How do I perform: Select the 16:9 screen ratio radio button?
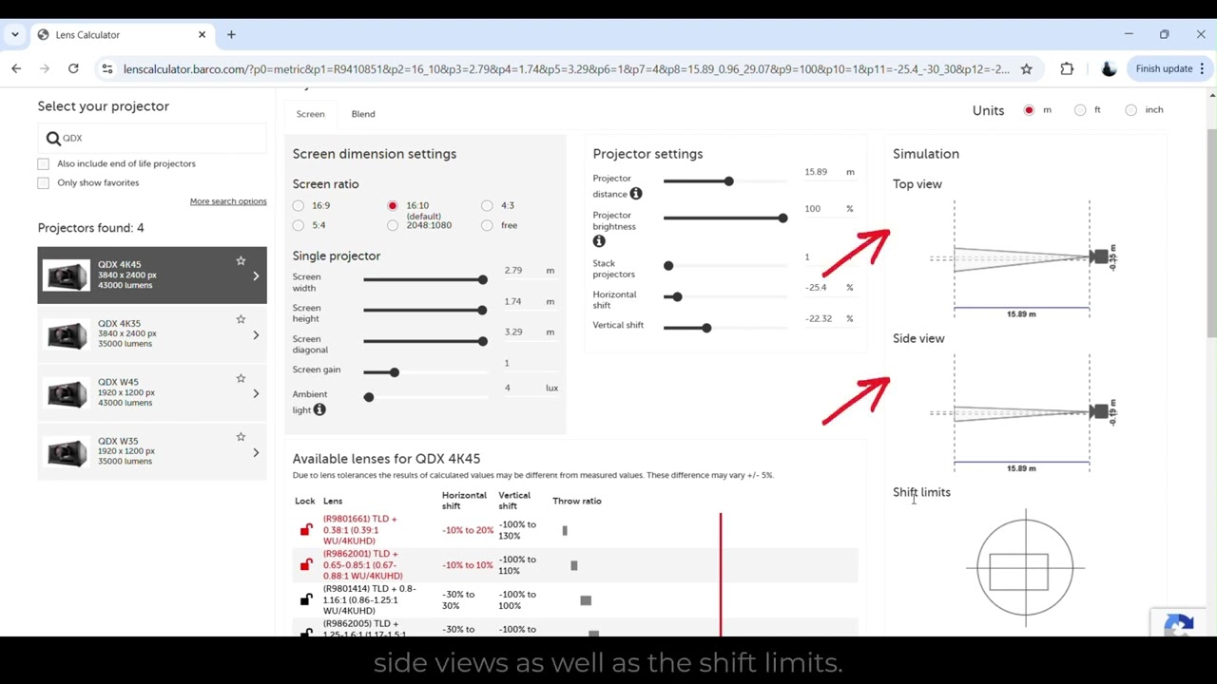(x=299, y=205)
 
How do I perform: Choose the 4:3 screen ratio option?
(x=487, y=205)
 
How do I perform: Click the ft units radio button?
(x=1080, y=110)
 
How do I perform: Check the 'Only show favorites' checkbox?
(x=44, y=182)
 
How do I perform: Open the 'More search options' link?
(x=227, y=201)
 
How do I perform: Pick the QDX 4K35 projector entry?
(x=151, y=334)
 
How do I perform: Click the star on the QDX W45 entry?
(x=241, y=378)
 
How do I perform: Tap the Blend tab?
(x=363, y=114)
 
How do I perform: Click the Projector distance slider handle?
(x=728, y=181)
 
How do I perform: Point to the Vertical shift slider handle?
(x=706, y=328)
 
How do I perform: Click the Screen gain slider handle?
(x=395, y=372)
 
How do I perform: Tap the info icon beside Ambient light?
(x=319, y=409)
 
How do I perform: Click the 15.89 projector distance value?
(x=816, y=172)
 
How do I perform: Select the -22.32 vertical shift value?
(x=819, y=319)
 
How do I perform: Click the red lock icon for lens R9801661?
(x=306, y=530)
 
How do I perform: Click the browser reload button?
(x=73, y=68)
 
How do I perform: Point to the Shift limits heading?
(x=921, y=492)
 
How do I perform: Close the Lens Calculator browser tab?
(x=202, y=34)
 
